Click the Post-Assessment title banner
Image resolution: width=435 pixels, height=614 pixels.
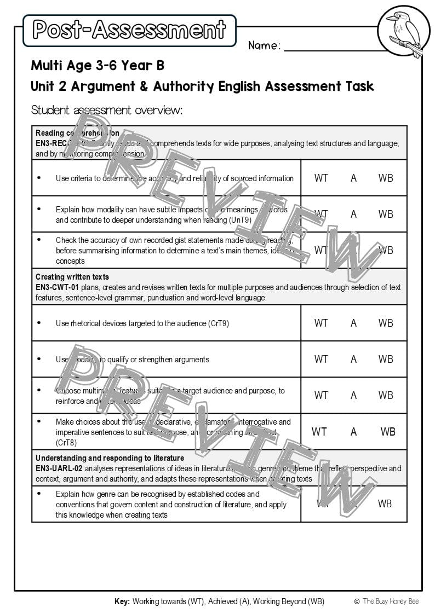tap(129, 30)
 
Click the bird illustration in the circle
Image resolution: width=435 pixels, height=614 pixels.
tap(404, 31)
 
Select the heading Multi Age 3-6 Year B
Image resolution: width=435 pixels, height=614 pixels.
tap(98, 66)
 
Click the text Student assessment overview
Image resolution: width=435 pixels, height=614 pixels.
tap(106, 110)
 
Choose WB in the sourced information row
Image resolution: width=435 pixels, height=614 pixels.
tap(386, 178)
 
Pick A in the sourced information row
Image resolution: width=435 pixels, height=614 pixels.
tap(353, 178)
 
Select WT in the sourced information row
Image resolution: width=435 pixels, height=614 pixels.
tap(321, 178)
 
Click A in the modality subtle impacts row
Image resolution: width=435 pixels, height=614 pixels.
tap(353, 214)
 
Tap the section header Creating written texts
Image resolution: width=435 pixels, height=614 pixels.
tap(72, 277)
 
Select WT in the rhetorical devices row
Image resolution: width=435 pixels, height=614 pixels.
tap(321, 323)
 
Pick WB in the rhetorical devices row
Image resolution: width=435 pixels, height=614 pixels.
tap(386, 323)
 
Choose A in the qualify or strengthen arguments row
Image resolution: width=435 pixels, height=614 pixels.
tap(353, 359)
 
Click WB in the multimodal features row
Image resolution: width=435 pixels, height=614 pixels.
tap(386, 395)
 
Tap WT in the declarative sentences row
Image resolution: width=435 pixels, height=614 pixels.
tap(319, 432)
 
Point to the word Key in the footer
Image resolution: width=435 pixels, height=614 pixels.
tap(122, 601)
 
